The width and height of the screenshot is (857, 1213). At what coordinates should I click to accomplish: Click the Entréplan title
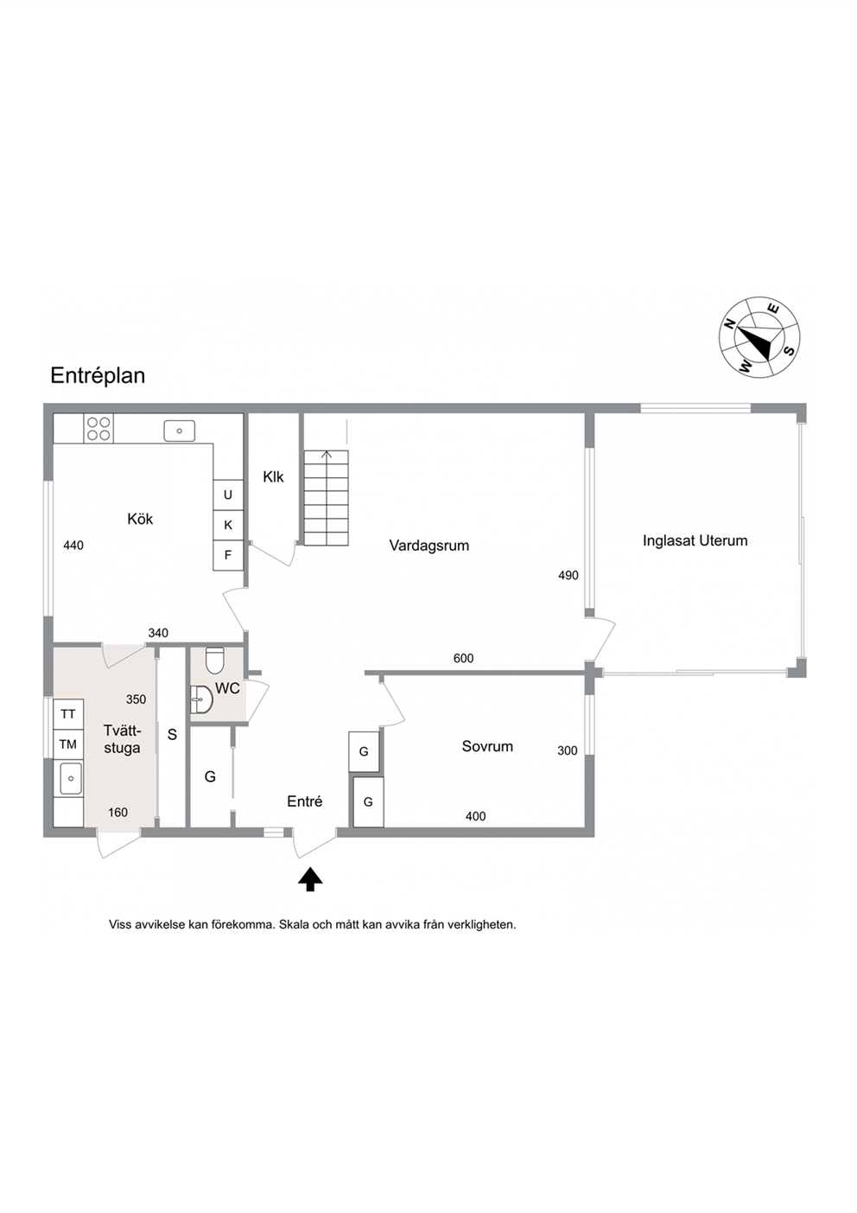coord(98,376)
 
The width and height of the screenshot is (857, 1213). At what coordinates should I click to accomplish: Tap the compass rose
coord(759,336)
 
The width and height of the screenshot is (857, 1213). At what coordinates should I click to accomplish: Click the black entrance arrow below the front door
coord(310,879)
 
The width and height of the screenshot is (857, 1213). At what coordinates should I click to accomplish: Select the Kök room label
coord(140,519)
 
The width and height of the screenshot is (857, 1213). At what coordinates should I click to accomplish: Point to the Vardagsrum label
coord(429,546)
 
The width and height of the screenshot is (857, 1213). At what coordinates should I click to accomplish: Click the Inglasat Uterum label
coord(695,540)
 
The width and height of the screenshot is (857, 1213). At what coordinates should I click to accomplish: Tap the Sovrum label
coord(487,746)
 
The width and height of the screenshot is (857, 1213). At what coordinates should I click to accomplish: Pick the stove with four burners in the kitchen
coord(99,428)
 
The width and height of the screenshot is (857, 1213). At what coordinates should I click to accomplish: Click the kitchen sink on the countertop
coord(180,431)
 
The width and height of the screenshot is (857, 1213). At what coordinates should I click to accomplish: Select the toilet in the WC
coord(215,661)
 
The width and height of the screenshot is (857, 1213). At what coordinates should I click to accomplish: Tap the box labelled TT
coord(68,714)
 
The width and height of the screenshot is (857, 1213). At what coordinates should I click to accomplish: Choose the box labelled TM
coord(68,744)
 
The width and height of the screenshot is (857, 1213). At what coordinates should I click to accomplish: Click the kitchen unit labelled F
coord(228,555)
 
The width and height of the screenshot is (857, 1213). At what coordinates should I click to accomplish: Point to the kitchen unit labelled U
coord(228,495)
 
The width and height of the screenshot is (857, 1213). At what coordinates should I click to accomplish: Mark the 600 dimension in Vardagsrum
coord(463,658)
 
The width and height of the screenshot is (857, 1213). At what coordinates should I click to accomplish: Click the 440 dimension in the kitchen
coord(73,546)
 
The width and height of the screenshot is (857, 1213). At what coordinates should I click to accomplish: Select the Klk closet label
coord(273,477)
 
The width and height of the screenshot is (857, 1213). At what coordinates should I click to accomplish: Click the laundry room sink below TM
coord(70,778)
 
